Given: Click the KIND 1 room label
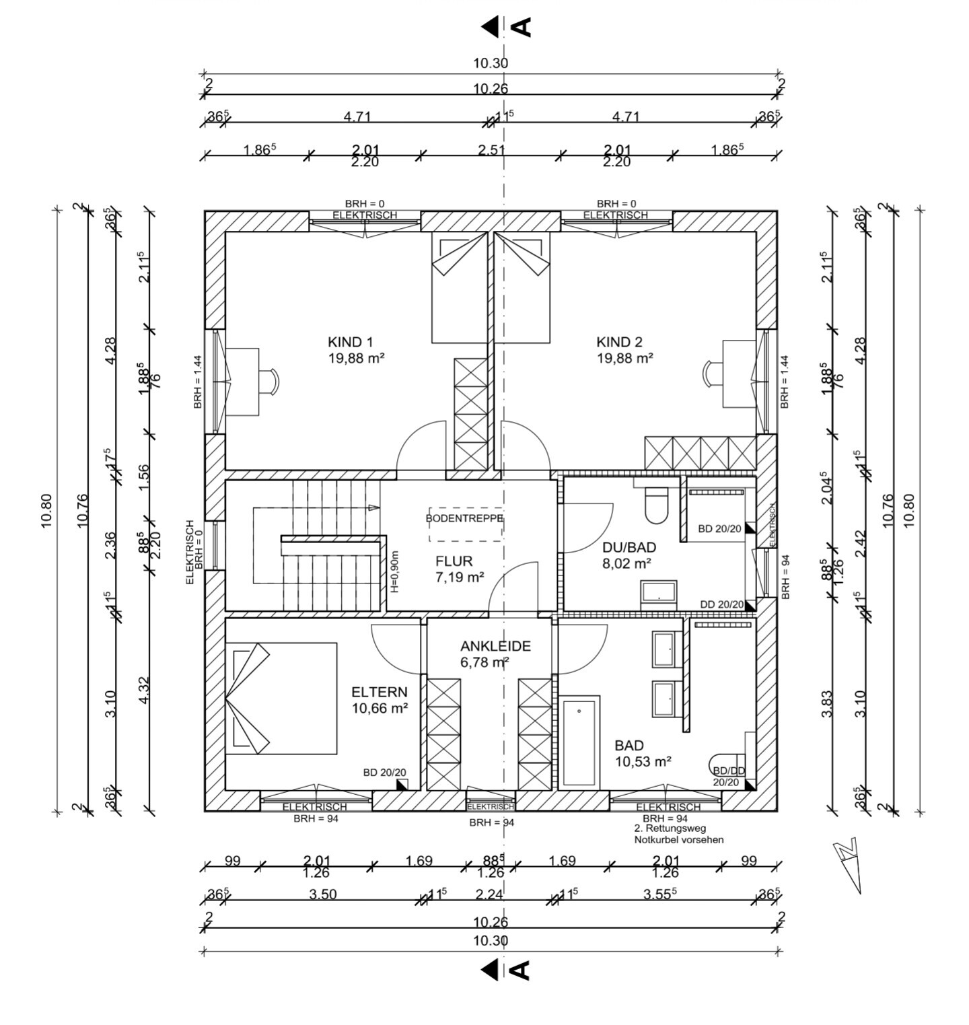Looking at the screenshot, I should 350,341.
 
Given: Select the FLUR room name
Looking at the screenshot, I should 454,561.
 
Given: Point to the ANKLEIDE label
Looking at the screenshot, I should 495,646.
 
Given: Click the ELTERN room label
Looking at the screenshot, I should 380,692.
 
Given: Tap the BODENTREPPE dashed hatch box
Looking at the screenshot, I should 465,523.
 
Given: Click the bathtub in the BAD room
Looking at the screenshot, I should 579,742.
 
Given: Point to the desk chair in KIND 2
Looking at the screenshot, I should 712,373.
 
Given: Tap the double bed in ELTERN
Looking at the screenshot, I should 281,698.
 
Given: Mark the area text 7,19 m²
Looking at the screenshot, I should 460,577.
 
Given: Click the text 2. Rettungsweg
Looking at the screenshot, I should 670,828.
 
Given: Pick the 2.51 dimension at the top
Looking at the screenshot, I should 491,149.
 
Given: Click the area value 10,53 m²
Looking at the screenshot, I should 643,761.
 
